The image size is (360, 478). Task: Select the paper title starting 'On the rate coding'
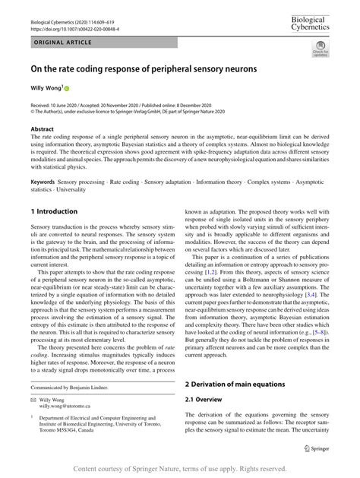coord(144,69)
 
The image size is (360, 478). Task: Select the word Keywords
coord(46,183)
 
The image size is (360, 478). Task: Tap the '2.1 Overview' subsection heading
coord(209,400)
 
